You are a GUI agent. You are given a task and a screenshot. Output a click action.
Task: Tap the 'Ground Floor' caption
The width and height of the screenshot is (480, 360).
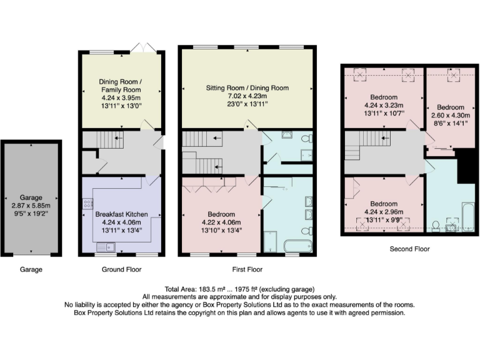tap(121, 269)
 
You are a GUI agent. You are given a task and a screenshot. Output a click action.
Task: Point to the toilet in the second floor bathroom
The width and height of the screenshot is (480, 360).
tap(436, 224)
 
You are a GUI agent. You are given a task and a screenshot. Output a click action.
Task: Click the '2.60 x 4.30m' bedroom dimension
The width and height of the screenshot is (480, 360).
tap(447, 115)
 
